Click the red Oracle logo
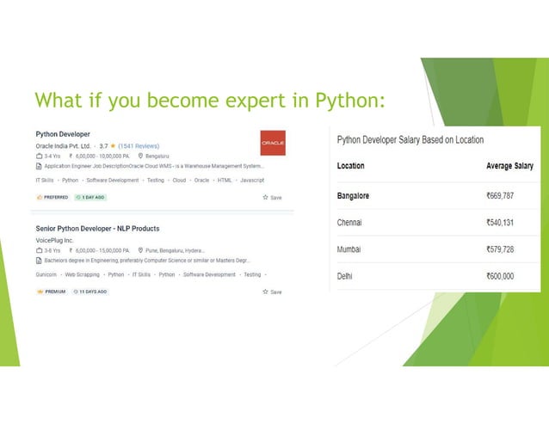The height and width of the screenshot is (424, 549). (273, 143)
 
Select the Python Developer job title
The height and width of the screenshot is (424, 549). (64, 134)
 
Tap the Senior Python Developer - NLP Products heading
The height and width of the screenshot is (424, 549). (97, 229)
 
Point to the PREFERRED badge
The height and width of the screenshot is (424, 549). (52, 197)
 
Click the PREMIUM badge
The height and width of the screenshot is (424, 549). (51, 292)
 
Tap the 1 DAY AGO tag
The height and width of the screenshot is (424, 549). (90, 197)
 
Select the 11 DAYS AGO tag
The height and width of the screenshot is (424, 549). (91, 292)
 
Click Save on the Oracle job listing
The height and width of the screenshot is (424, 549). (272, 197)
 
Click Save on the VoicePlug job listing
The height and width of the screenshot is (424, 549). (272, 292)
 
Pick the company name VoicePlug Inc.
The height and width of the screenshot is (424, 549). (54, 241)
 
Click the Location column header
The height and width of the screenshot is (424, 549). (350, 166)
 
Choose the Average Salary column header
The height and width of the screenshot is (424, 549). (508, 166)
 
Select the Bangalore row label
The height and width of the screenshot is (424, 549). (353, 196)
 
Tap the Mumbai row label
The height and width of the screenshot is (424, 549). (349, 249)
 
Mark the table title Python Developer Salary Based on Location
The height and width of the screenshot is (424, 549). (410, 139)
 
